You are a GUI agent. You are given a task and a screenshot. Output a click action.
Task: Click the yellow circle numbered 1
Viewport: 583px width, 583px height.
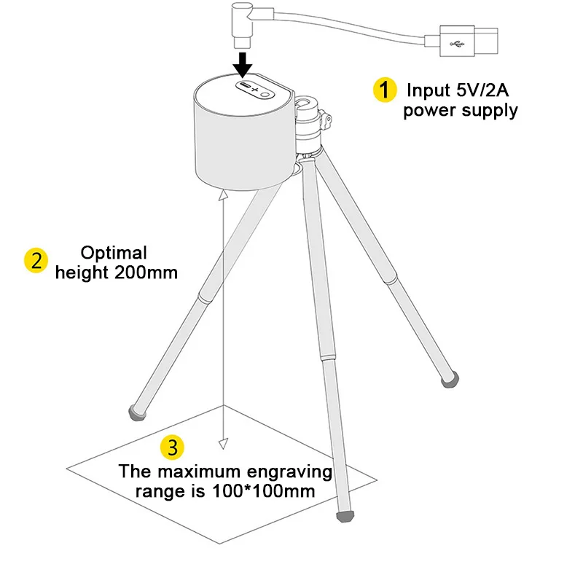point(382,90)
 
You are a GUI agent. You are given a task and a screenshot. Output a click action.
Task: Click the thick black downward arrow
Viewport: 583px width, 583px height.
point(243,61)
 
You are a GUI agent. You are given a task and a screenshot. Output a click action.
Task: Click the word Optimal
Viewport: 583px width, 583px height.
point(114,254)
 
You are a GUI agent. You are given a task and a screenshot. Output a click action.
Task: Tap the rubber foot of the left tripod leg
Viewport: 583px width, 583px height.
point(136,412)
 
